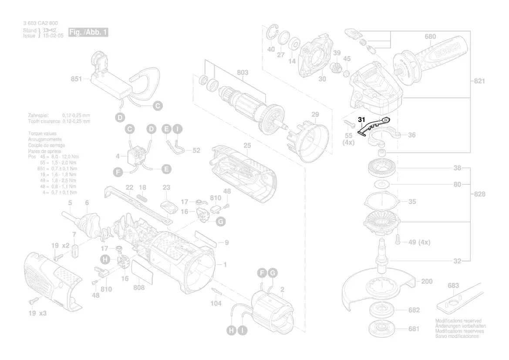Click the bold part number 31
[x=362, y=119]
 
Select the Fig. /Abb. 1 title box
[x=88, y=33]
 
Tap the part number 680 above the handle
[x=430, y=37]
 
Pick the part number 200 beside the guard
[x=426, y=282]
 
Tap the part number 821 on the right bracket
[x=479, y=81]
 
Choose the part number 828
[x=479, y=194]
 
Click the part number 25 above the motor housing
[x=247, y=144]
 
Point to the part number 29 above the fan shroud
[x=314, y=115]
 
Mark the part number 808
[x=139, y=288]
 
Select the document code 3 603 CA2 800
[x=40, y=24]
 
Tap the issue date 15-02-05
[x=53, y=36]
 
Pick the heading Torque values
[x=42, y=133]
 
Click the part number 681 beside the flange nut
[x=414, y=329]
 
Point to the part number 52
[x=196, y=150]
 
